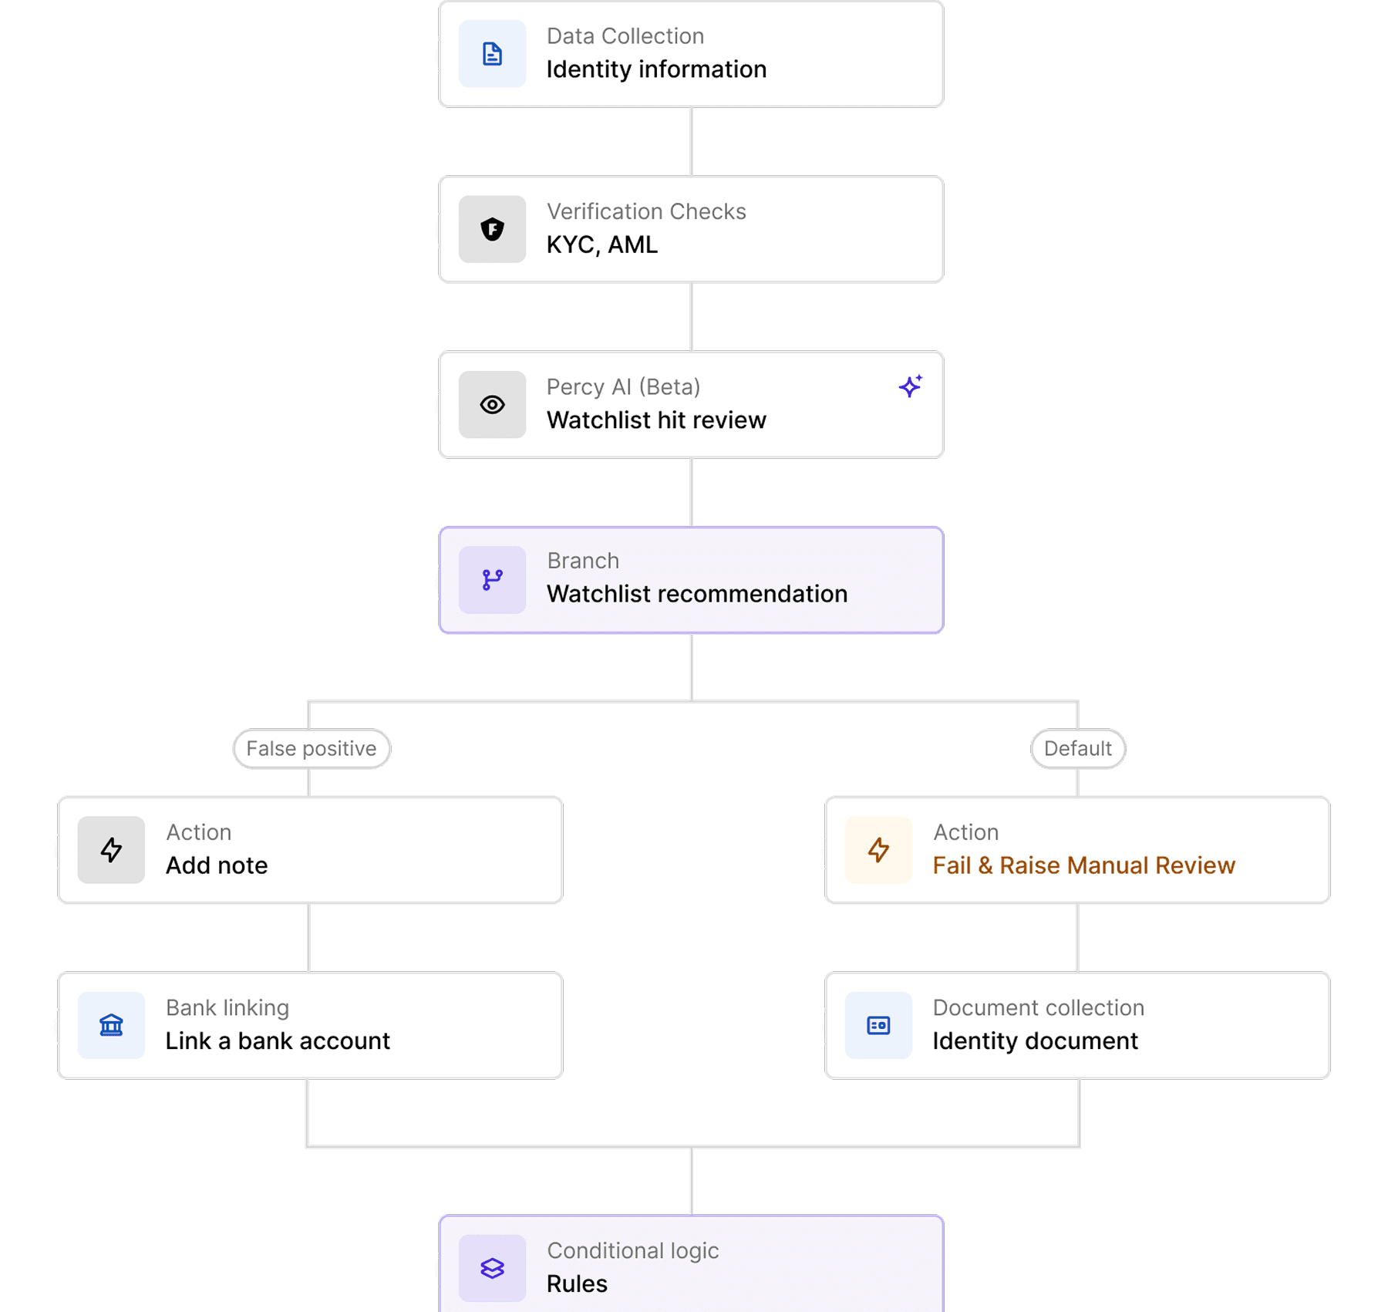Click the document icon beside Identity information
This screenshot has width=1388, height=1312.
click(492, 54)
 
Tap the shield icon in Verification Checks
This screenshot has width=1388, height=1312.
click(492, 229)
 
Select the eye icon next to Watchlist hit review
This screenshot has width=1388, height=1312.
click(492, 405)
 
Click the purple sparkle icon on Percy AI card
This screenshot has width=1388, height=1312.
click(911, 386)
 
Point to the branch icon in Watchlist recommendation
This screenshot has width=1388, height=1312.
click(492, 580)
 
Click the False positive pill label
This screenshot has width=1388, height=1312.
click(312, 748)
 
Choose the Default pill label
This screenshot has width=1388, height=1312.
click(1077, 748)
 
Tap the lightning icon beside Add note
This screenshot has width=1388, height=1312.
click(111, 850)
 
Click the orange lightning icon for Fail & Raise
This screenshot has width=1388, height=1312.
click(878, 850)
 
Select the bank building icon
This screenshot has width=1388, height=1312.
click(111, 1025)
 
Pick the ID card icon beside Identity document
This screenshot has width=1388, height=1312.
click(878, 1025)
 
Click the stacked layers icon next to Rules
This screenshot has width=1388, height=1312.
click(492, 1268)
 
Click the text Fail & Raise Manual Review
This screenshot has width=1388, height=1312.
click(1083, 865)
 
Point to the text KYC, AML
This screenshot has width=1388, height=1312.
click(602, 245)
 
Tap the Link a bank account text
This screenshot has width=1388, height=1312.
click(278, 1040)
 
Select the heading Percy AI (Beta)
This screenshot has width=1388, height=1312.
click(623, 386)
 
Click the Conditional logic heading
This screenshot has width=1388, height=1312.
click(632, 1250)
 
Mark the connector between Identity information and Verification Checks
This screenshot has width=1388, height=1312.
click(692, 142)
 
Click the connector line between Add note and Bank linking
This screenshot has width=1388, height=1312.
click(308, 937)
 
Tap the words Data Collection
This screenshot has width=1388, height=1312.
click(625, 36)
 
